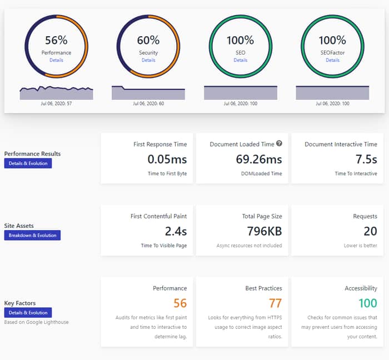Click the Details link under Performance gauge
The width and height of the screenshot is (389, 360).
56,60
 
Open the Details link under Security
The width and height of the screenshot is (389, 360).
148,60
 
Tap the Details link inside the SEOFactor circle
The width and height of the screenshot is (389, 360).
332,60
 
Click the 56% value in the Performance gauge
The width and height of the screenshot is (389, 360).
56,40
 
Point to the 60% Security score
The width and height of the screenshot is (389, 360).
148,40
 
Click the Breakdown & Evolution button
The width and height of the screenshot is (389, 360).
32,236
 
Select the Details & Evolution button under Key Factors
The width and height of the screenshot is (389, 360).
28,313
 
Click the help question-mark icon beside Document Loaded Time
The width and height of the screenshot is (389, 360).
279,143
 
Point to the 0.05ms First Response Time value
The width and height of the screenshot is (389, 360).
167,159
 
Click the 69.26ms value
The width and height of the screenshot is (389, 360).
259,159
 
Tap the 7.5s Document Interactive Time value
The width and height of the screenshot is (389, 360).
366,159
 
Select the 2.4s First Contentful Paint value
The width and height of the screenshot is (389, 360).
176,231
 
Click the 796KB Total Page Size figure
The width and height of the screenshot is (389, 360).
265,231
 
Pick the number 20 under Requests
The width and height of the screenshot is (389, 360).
371,231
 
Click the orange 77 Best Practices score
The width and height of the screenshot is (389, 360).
276,303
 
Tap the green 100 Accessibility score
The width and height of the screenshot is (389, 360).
368,303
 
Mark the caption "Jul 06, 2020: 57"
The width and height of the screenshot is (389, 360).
56,104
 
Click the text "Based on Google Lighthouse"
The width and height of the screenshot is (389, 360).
37,322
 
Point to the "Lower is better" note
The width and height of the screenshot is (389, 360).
361,246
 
